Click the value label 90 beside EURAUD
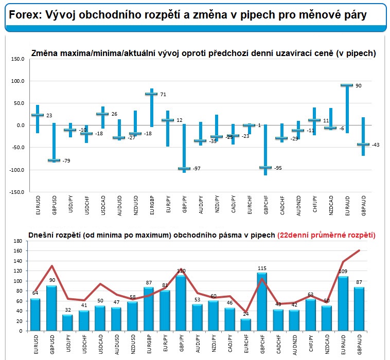(358, 86)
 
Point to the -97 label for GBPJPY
(197, 169)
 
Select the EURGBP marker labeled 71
(151, 94)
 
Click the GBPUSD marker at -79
(54, 160)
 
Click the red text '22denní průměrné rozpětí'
(326, 235)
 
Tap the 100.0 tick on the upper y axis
(17, 81)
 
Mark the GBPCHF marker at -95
(265, 167)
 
